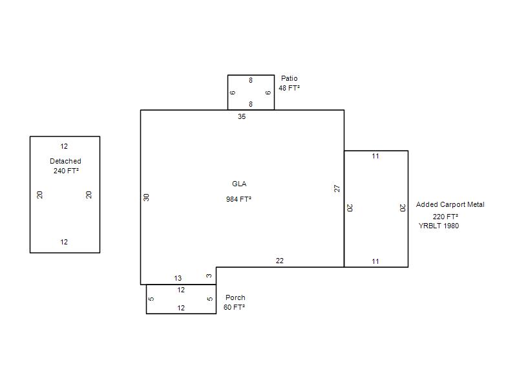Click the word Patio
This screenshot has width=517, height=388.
point(289,78)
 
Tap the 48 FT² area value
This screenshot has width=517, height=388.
point(289,88)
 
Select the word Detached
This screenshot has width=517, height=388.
point(65,161)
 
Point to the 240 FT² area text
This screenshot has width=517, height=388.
point(66,171)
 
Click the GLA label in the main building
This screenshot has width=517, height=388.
point(239,184)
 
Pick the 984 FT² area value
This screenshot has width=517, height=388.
point(238,199)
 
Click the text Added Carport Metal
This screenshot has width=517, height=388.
point(450,204)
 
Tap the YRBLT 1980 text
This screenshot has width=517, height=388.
point(439,226)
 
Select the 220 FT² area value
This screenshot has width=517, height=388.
point(445,217)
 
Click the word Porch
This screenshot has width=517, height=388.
point(235,297)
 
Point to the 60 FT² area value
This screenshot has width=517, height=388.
point(234,307)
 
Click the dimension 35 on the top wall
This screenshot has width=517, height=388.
point(242,116)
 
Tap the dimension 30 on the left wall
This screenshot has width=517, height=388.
point(147,197)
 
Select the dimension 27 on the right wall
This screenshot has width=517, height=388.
point(337,188)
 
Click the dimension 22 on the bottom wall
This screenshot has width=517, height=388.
point(280,261)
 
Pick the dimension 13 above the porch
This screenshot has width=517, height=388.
point(178,278)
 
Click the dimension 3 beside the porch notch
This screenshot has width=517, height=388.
point(209,275)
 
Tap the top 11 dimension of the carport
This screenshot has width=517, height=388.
point(375,156)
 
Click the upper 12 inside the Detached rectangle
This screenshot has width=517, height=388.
point(64,146)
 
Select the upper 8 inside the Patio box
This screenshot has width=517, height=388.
point(251,80)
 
